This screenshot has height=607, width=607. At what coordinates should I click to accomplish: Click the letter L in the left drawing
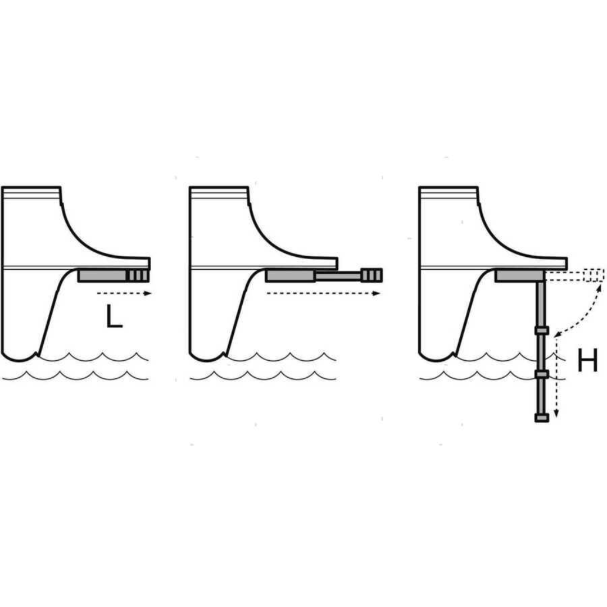[x=114, y=316]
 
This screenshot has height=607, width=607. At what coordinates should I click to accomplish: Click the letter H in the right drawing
[x=587, y=360]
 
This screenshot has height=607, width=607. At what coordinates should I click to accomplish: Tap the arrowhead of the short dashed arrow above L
[x=147, y=293]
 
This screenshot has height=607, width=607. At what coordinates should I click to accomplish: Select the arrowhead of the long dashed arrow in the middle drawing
[x=376, y=293]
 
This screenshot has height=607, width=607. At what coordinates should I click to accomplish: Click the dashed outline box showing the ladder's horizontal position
[x=594, y=275]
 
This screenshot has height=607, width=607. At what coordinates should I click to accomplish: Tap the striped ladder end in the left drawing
[x=138, y=275]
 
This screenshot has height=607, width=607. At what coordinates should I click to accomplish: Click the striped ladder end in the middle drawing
[x=372, y=275]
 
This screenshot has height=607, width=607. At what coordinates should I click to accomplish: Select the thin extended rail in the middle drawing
[x=338, y=275]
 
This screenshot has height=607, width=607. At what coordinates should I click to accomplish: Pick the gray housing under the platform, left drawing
[x=103, y=275]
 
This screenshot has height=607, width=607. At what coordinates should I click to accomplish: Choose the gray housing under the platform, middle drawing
[x=291, y=275]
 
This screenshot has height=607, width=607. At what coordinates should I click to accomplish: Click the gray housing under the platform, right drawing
[x=520, y=275]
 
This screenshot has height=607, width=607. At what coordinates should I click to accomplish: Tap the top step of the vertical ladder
[x=542, y=330]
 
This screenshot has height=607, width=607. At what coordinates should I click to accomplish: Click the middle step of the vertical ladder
[x=542, y=374]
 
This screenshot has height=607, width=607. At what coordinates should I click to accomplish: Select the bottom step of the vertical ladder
[x=542, y=418]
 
